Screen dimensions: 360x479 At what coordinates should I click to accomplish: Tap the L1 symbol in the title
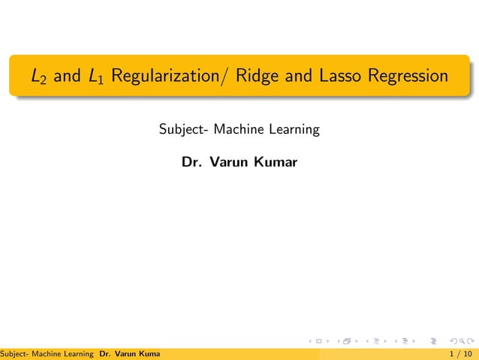point(95,77)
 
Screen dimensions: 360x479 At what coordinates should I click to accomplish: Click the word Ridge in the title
point(256,76)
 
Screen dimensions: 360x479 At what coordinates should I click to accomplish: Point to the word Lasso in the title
point(337,76)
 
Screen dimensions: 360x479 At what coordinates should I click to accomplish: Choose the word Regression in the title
point(408,77)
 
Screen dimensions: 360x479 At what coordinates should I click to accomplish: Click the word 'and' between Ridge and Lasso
point(295,76)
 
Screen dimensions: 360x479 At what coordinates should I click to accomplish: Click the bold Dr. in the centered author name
point(191,162)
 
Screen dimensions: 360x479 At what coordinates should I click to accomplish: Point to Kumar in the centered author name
point(276,162)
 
